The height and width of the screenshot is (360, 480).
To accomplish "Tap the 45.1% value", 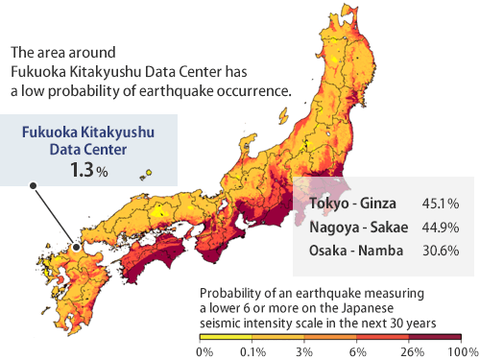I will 441,204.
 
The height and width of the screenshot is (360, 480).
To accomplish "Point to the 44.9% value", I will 441,228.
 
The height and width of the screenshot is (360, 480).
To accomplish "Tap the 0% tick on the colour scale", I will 204,352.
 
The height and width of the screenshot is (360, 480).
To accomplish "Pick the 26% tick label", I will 410,352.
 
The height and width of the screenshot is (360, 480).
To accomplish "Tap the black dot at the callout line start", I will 33,185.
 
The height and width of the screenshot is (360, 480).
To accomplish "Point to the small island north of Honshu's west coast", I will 148,175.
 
